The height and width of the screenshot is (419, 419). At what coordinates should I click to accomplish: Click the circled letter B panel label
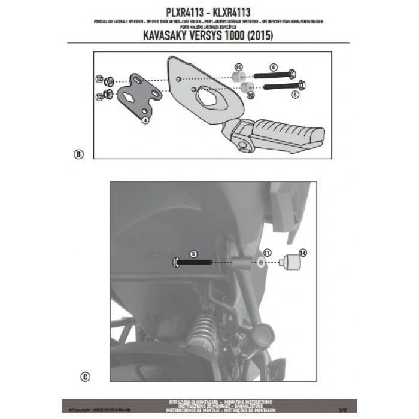pos(78,154)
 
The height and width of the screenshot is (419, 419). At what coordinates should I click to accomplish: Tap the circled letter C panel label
pos(87,378)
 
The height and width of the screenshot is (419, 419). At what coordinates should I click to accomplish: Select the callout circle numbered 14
pos(302,253)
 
